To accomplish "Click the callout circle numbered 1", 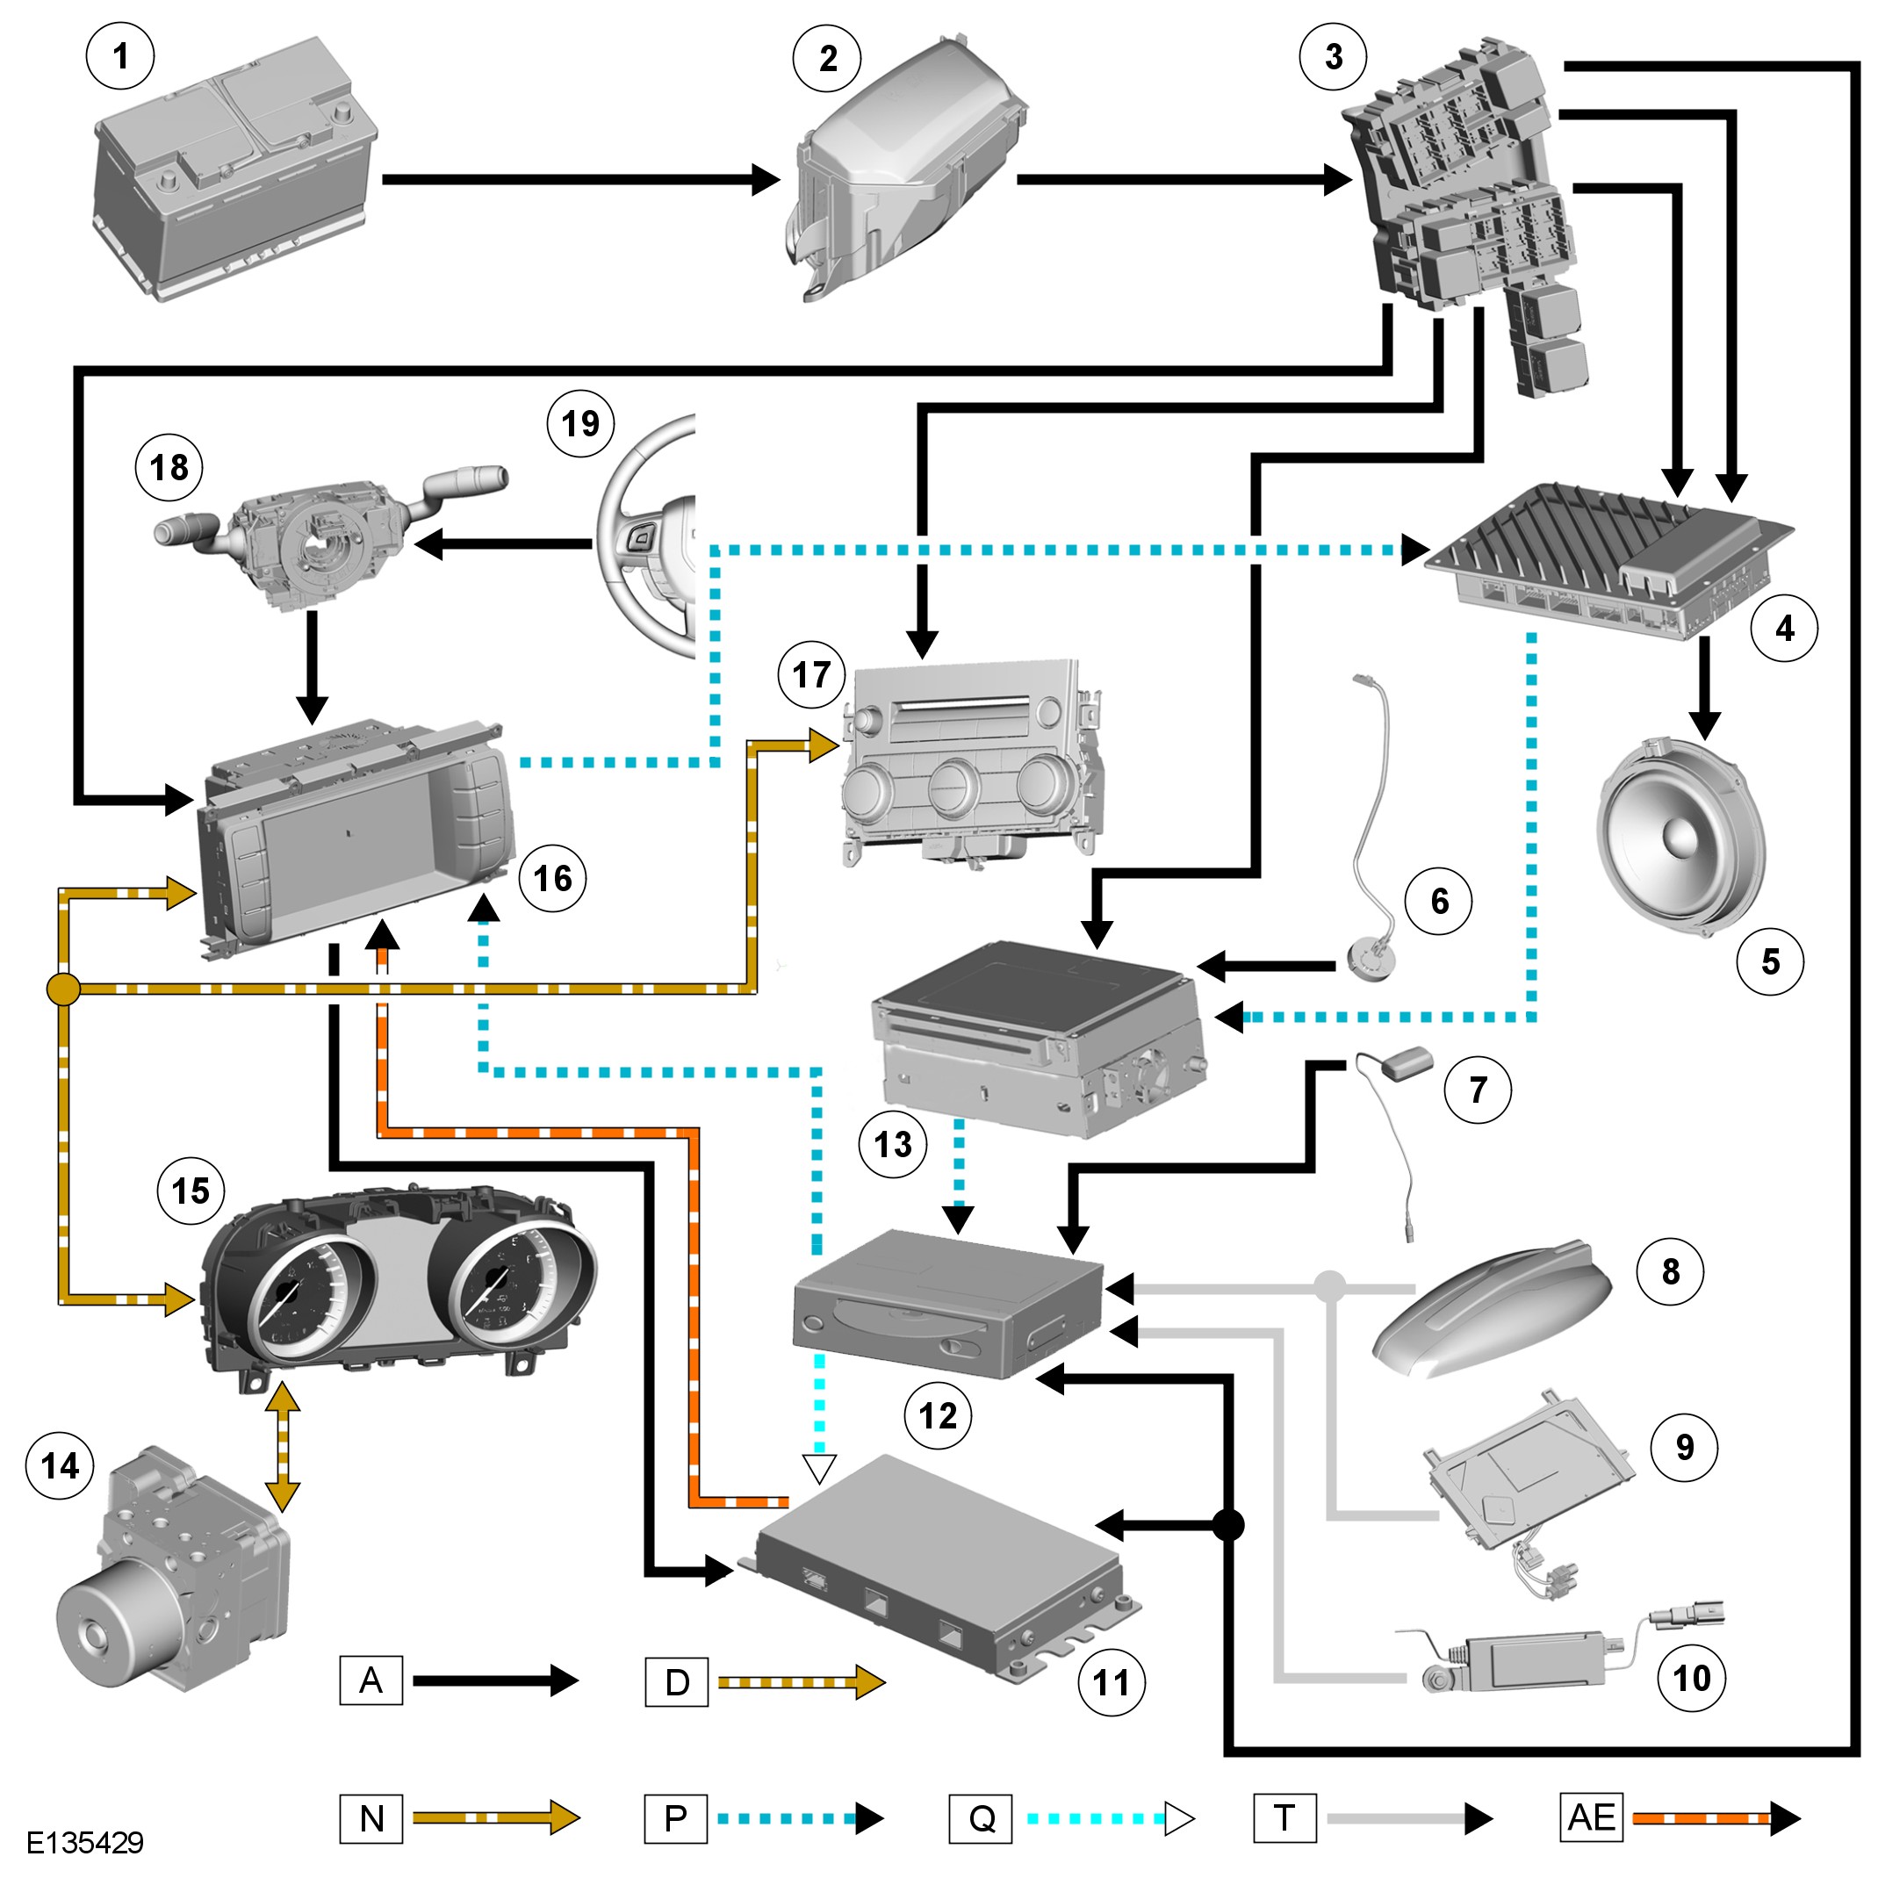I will [x=120, y=56].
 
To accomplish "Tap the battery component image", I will [x=236, y=170].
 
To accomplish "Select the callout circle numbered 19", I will [x=580, y=423].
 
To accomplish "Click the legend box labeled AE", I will [x=1590, y=1817].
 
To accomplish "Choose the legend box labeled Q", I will [x=981, y=1817].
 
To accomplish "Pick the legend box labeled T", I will [x=1285, y=1817].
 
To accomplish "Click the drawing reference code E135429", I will [x=84, y=1842].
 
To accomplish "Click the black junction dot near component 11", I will [x=1228, y=1525].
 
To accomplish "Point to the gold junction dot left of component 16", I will [x=63, y=989].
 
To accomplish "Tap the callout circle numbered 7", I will [x=1478, y=1089].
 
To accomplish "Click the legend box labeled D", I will [x=677, y=1681].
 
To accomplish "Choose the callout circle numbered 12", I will [x=938, y=1415].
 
